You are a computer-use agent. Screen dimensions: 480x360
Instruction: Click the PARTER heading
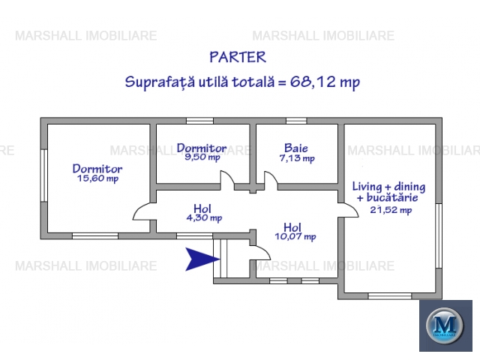(238, 57)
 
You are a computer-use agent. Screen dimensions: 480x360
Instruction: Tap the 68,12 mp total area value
(325, 82)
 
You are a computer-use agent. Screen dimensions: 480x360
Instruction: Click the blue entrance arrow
(202, 259)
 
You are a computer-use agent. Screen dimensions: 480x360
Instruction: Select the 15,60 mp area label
(97, 178)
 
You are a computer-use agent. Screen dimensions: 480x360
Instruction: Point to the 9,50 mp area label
(202, 157)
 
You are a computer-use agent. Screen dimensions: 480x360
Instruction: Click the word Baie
(296, 148)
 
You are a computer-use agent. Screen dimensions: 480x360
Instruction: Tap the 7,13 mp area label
(297, 158)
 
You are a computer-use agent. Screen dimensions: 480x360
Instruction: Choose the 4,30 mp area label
(204, 217)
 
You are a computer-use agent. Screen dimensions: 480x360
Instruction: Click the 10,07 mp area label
(295, 237)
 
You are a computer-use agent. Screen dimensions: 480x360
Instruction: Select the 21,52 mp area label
(391, 210)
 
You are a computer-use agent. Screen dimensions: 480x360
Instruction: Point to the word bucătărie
(392, 197)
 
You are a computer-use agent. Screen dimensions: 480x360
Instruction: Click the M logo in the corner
(445, 325)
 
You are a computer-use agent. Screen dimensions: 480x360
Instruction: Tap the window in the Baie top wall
(296, 121)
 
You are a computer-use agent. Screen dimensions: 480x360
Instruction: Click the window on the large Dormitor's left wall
(44, 175)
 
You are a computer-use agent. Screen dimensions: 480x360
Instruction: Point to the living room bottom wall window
(390, 296)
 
